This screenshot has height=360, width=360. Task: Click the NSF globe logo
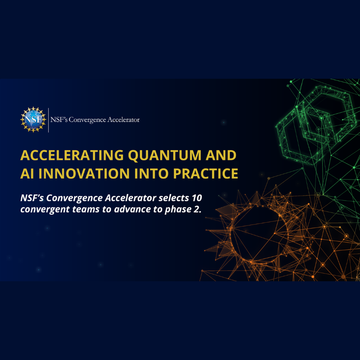33,120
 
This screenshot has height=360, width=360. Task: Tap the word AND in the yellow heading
221,155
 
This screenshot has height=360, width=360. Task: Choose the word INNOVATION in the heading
84,174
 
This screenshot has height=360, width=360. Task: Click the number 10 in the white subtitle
197,198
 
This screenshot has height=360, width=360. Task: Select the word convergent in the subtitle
45,210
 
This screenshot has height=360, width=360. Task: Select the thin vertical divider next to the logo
49,120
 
